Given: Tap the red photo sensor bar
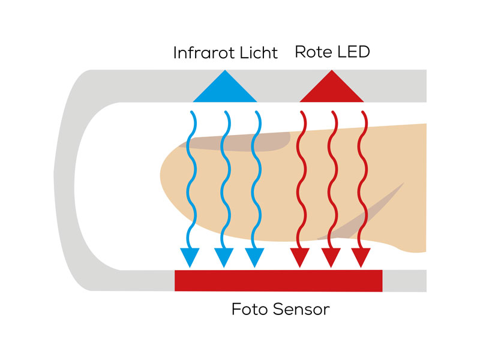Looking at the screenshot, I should point(278,281).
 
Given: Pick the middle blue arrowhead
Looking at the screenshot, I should point(223,257).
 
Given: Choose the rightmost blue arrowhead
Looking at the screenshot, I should point(255,257).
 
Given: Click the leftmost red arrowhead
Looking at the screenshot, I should point(299,257).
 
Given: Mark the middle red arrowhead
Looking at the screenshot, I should point(330,257).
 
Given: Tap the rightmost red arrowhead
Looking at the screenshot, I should point(360,257).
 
